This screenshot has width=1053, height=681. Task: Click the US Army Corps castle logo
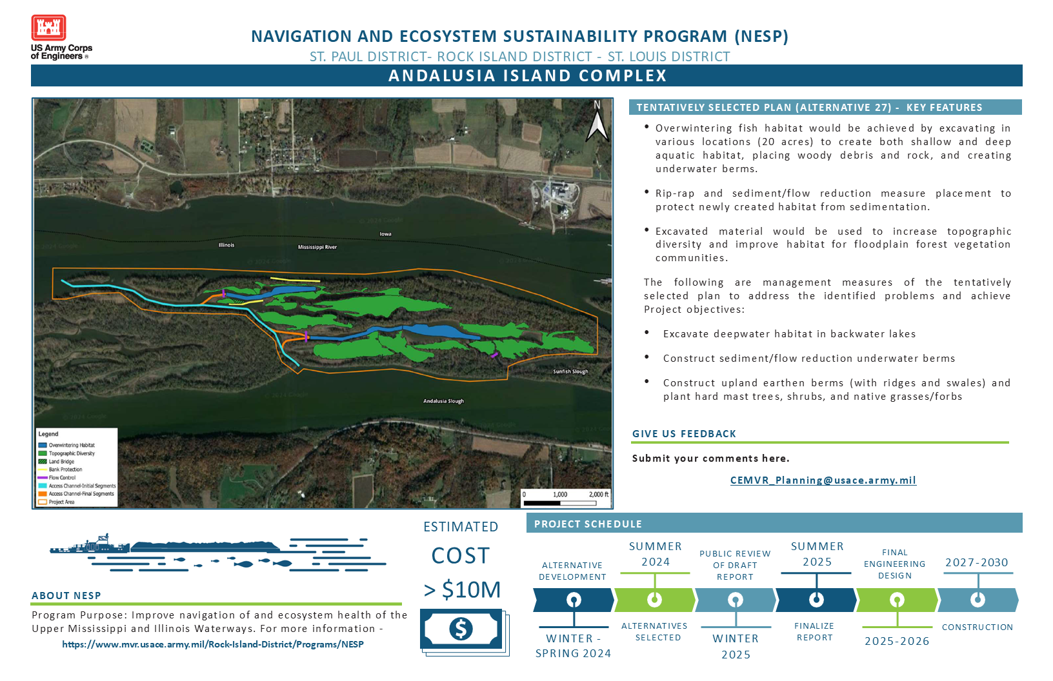click(48, 28)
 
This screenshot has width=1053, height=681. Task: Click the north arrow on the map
click(597, 123)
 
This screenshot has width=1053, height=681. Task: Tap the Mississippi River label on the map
click(317, 247)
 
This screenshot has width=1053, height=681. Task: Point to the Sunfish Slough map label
click(570, 371)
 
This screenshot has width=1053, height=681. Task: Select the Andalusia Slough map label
click(443, 401)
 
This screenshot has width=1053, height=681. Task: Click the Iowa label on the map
click(385, 234)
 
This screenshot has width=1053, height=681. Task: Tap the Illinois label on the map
click(226, 245)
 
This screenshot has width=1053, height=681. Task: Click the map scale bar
click(565, 498)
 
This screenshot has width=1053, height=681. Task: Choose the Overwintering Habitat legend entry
click(71, 445)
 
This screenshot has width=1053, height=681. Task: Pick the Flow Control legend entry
click(62, 478)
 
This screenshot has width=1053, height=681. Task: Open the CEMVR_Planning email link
click(823, 480)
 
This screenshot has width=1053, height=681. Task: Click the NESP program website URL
click(213, 644)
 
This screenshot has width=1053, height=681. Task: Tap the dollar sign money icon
click(461, 628)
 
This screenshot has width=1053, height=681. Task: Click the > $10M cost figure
click(462, 589)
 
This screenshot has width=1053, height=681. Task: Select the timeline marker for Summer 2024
click(654, 600)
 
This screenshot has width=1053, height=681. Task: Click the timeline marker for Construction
click(978, 600)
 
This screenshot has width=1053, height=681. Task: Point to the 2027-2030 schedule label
click(976, 562)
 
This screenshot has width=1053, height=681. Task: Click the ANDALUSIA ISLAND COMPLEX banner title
click(527, 75)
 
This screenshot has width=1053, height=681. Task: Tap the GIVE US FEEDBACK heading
click(684, 434)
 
